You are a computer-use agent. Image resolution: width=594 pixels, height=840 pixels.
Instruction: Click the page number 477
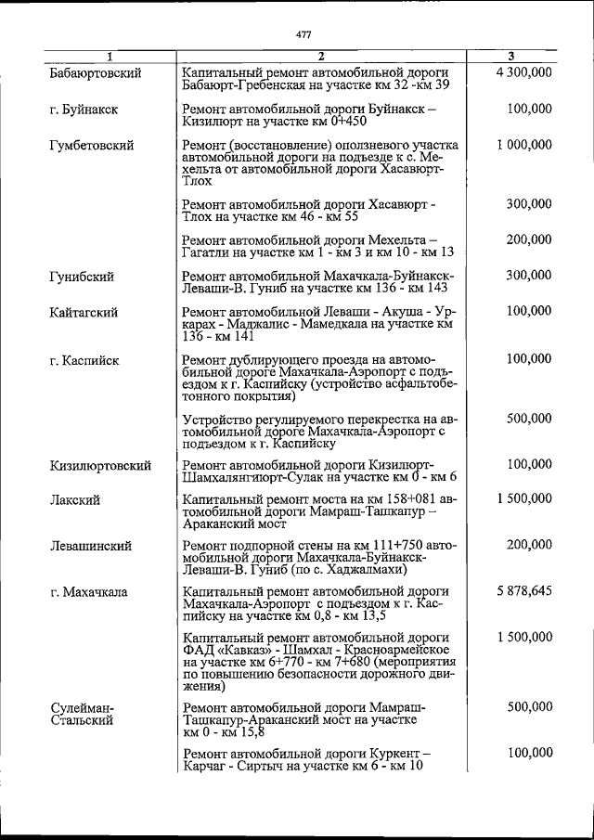pyautogui.click(x=303, y=34)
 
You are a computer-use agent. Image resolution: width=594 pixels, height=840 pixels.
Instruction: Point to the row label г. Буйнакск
pyautogui.click(x=84, y=110)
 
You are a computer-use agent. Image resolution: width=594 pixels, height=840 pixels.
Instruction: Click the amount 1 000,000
pyautogui.click(x=524, y=145)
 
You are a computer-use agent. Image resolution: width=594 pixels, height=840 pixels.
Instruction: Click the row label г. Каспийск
pyautogui.click(x=84, y=359)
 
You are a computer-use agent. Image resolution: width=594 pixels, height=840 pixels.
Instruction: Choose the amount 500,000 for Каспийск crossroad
pyautogui.click(x=530, y=418)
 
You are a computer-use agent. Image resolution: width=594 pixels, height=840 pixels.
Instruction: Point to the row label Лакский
pyautogui.click(x=75, y=500)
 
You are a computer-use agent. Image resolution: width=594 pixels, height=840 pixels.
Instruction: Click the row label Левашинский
pyautogui.click(x=90, y=546)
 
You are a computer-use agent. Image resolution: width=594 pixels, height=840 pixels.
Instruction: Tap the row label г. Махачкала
pyautogui.click(x=89, y=591)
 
